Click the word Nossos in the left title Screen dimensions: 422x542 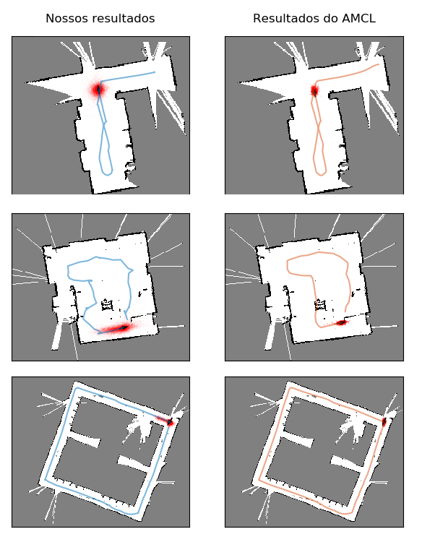pos(62,18)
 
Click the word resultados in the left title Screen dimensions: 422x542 pos(119,18)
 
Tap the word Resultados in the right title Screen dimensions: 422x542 pos(286,18)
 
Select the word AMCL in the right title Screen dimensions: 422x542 pos(358,18)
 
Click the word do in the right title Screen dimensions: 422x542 pos(330,18)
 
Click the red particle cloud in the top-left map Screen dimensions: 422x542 pos(99,90)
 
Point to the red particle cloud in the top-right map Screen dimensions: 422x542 pos(314,91)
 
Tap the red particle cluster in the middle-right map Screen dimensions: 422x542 pos(342,322)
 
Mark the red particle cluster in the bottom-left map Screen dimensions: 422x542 pos(168,421)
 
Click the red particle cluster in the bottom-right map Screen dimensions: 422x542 pos(384,422)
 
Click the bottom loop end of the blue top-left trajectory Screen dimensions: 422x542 pos(108,175)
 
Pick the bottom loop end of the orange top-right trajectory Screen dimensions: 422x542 pos(321,175)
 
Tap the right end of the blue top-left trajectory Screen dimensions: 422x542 pos(155,72)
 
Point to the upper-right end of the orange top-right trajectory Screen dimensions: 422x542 pos(379,64)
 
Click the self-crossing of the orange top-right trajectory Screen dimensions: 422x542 pos(319,129)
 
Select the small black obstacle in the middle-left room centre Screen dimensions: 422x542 pos(107,305)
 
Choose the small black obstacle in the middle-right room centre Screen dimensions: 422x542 pos(320,305)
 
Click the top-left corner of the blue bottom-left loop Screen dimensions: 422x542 pos(77,388)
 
